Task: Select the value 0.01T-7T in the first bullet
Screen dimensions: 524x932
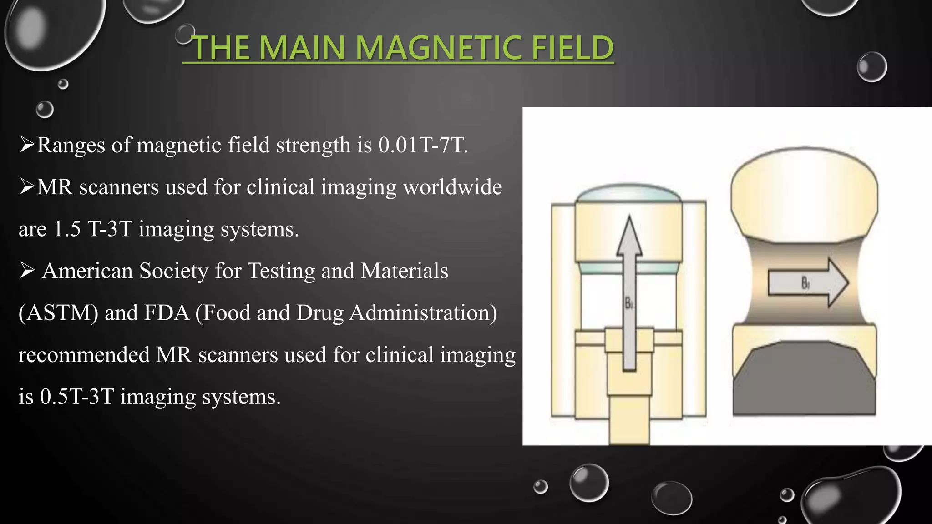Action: click(x=423, y=146)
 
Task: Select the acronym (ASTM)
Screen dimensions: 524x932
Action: click(x=58, y=313)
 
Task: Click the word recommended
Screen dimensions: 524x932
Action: click(x=84, y=355)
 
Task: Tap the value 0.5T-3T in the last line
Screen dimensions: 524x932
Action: click(x=76, y=397)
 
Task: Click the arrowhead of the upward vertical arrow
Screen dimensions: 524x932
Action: click(x=629, y=237)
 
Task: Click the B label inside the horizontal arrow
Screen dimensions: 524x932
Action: click(x=805, y=284)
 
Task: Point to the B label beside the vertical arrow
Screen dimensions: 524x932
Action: click(x=629, y=303)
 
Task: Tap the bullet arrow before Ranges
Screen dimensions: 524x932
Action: click(x=27, y=146)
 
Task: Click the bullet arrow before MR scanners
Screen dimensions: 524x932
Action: click(x=27, y=187)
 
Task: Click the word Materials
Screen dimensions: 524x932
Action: click(x=404, y=271)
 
